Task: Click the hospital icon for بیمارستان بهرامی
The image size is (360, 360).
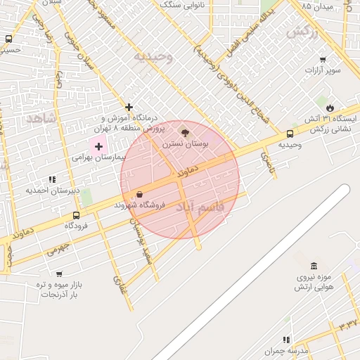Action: click(x=98, y=147)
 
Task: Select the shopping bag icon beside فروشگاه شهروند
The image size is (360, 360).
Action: click(x=139, y=194)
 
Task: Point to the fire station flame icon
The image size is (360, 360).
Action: click(x=330, y=108)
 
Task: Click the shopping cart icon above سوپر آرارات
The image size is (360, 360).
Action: click(x=323, y=60)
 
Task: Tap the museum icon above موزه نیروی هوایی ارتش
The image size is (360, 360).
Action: click(x=314, y=265)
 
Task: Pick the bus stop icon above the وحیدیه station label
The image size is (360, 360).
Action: click(x=290, y=134)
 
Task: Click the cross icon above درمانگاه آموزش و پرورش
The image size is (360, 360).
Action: click(x=129, y=107)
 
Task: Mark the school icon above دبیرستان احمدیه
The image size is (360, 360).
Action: click(x=53, y=179)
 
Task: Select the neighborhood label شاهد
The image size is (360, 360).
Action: click(x=41, y=118)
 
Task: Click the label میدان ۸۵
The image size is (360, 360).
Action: click(x=316, y=6)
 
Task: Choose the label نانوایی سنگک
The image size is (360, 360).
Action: click(x=203, y=6)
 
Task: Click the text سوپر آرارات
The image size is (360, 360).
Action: click(x=322, y=71)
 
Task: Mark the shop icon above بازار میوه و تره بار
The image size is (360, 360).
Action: click(x=59, y=274)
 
